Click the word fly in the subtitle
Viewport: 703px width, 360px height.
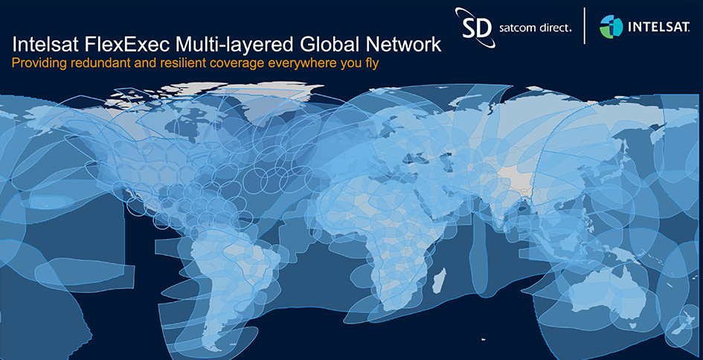click(370, 64)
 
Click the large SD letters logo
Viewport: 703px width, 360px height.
click(477, 27)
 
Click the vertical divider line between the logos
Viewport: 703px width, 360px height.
click(585, 27)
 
